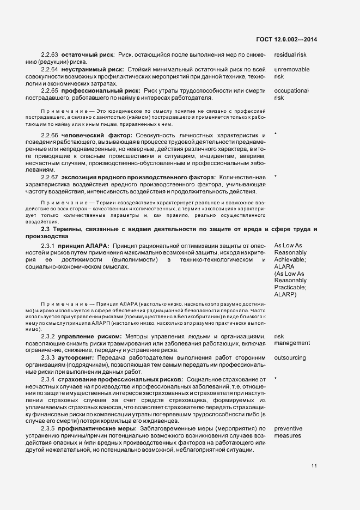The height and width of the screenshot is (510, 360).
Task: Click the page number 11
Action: pyautogui.click(x=314, y=466)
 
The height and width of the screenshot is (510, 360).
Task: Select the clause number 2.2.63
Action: pyautogui.click(x=49, y=55)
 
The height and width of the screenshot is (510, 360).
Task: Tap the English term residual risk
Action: pyautogui.click(x=290, y=55)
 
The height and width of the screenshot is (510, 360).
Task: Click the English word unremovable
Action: pyautogui.click(x=292, y=70)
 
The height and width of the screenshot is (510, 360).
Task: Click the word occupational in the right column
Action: pyautogui.click(x=291, y=90)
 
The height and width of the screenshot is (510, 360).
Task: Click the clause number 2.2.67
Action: pyautogui.click(x=49, y=177)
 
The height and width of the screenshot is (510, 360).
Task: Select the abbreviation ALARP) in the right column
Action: pyautogui.click(x=285, y=294)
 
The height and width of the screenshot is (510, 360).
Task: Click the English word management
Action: pyautogui.click(x=292, y=343)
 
